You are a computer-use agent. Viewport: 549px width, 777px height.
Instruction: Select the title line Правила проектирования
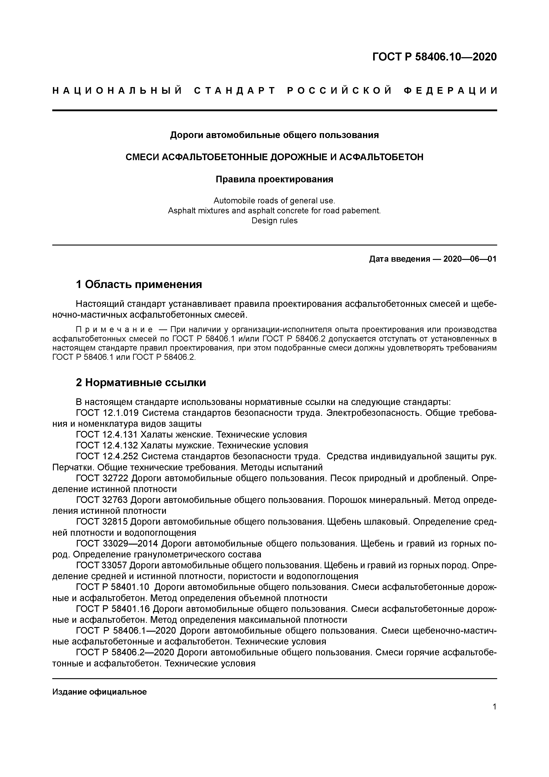[274, 179]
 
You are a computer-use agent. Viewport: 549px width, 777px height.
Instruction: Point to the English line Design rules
[274, 221]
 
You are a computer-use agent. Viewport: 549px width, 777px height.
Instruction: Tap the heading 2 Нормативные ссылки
[141, 382]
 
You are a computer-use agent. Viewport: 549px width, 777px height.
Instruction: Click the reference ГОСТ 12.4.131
[107, 434]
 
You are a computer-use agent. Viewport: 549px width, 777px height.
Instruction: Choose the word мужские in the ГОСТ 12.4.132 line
[190, 445]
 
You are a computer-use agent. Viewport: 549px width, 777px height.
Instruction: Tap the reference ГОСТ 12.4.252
[107, 457]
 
